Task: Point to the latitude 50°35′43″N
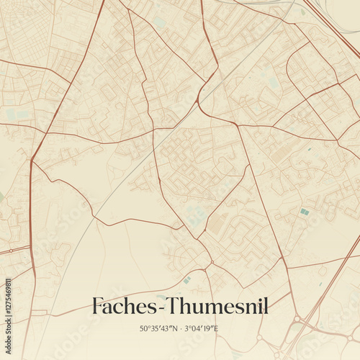158,329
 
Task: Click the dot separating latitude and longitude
179,329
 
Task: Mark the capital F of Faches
98,307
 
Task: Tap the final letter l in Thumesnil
266,306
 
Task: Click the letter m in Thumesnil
211,308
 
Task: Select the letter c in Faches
118,308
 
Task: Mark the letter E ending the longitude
216,329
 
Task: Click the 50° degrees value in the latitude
145,329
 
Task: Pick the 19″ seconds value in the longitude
208,329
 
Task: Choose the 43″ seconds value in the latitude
165,329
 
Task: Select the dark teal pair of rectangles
305,212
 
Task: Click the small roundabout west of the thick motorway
296,318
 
